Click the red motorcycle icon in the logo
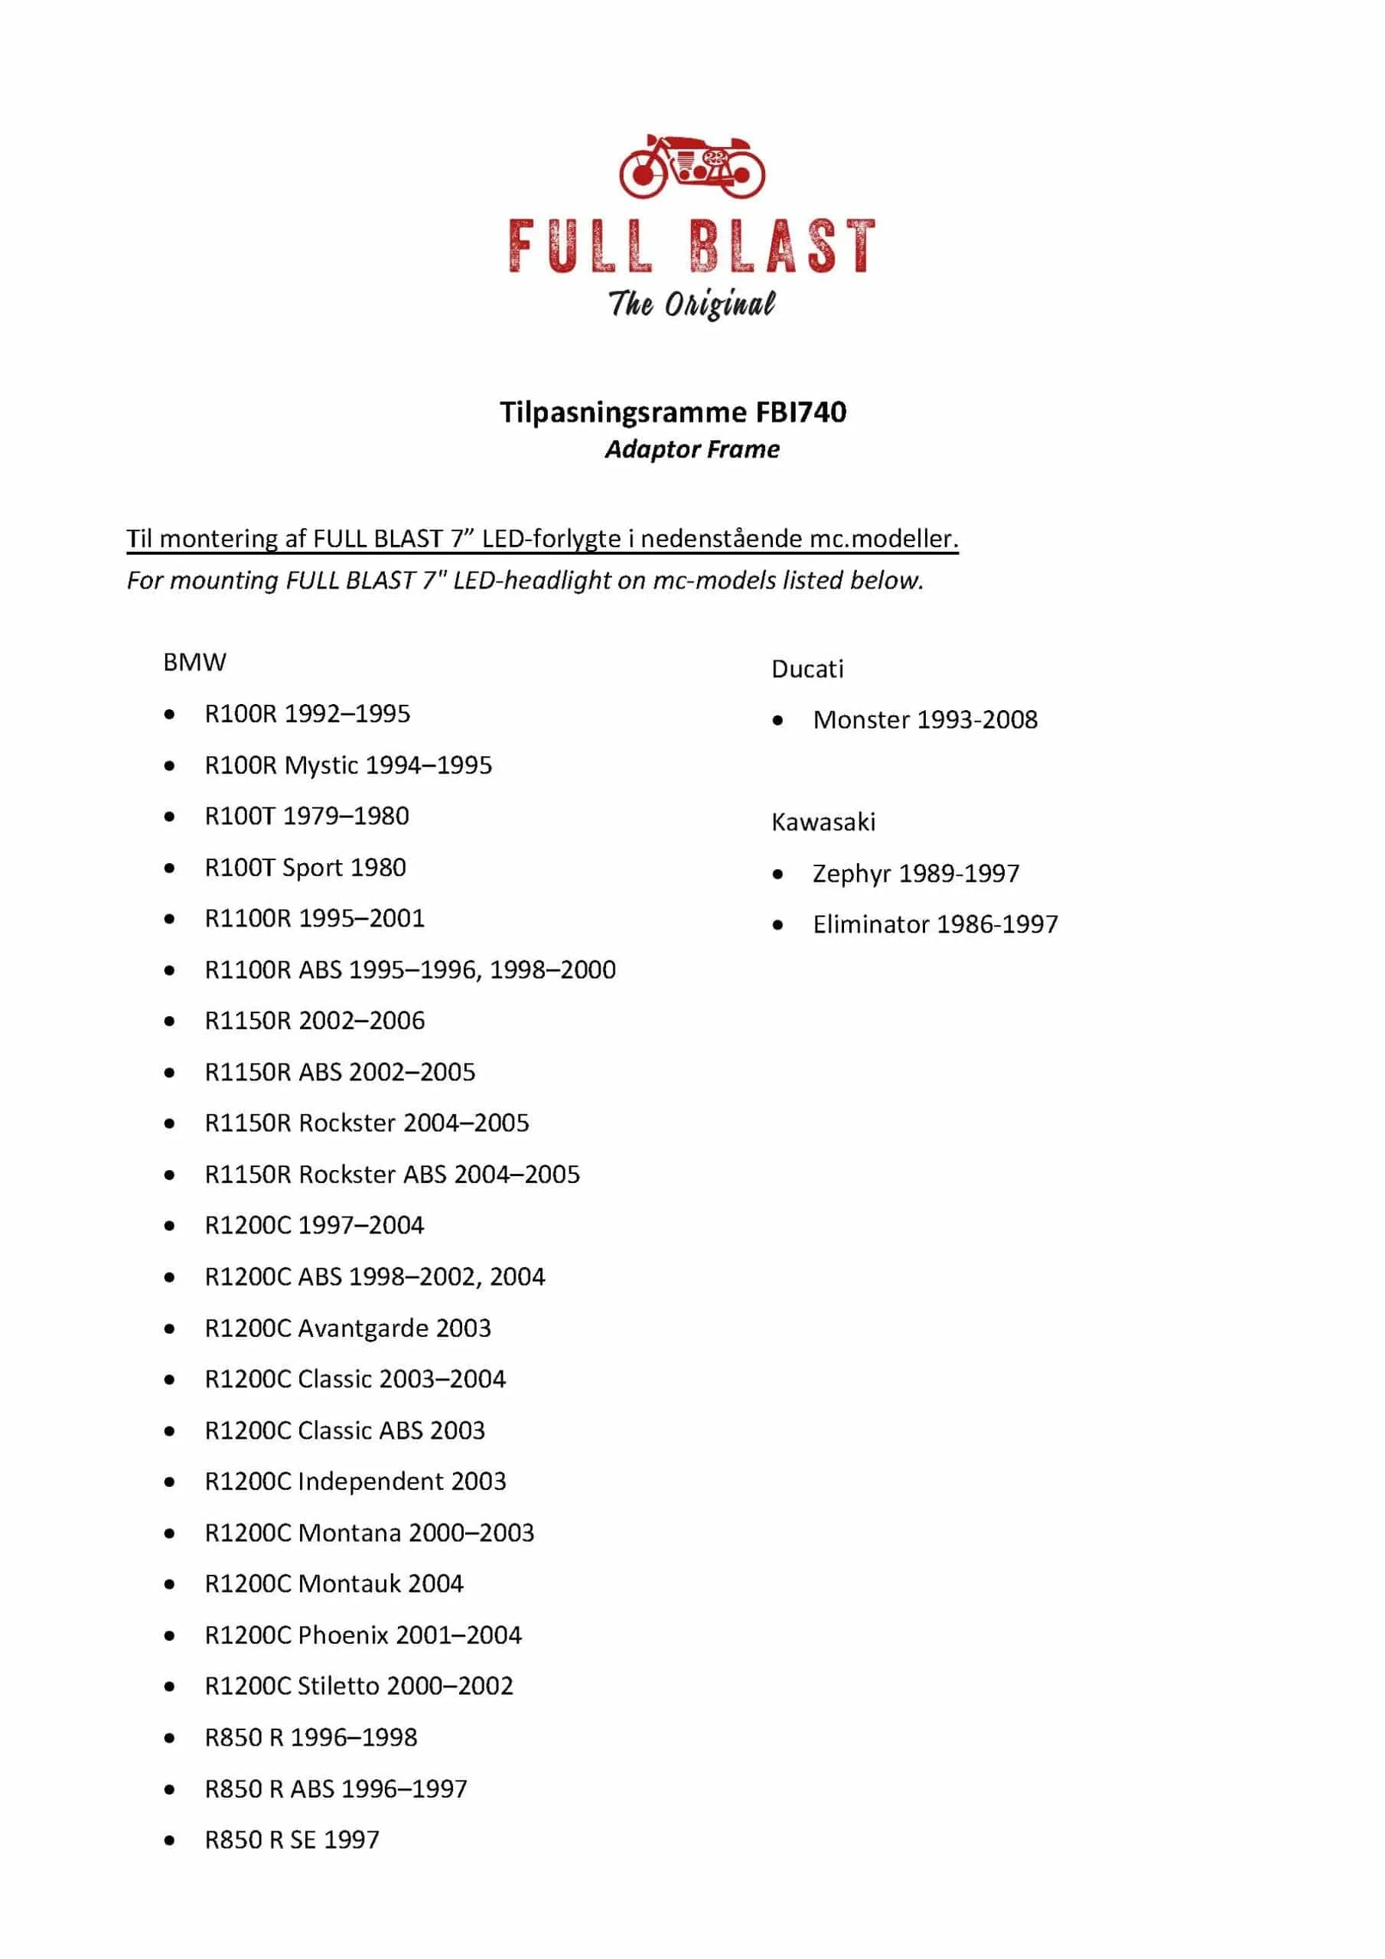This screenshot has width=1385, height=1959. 691,165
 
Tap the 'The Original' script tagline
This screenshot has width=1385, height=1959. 691,304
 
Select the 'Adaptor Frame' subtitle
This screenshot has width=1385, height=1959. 692,450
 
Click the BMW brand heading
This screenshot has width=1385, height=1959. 194,663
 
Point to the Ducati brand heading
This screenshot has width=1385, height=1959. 807,669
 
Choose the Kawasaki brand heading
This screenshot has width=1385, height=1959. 823,823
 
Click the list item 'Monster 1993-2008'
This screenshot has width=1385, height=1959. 924,720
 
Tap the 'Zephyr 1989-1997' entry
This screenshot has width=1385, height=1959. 915,874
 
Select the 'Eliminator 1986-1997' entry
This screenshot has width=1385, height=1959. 934,925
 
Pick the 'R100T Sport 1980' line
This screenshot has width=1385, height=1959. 305,868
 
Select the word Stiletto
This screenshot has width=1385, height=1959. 339,1687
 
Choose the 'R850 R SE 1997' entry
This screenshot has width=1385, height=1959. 291,1840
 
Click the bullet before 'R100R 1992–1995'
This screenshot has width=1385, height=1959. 170,714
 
